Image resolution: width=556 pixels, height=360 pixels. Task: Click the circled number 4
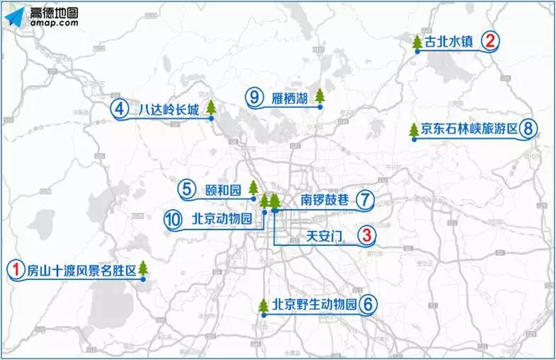(x=120, y=109)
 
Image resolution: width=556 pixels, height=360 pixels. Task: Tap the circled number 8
(x=528, y=130)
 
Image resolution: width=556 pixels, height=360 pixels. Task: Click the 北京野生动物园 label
(x=314, y=305)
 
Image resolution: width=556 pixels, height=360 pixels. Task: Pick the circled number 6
(x=368, y=305)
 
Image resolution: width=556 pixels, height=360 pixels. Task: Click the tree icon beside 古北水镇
(x=417, y=43)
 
